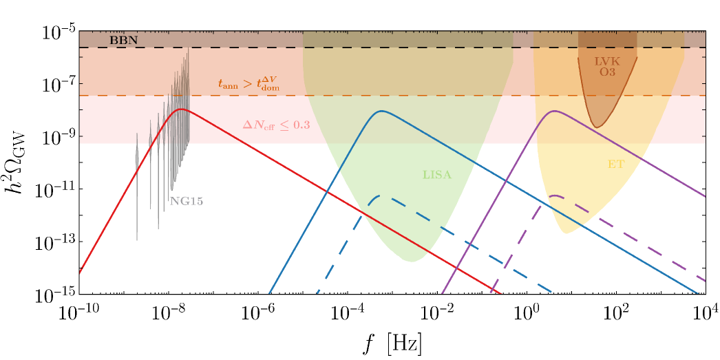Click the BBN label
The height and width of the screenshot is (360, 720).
point(123,40)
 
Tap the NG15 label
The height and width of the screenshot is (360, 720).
point(187,202)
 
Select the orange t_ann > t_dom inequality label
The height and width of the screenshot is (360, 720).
point(248,85)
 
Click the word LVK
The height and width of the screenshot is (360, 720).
point(607,61)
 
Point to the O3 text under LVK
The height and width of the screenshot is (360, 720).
point(607,72)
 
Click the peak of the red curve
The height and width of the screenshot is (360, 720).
point(180,109)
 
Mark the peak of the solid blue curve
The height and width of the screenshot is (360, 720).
point(380,111)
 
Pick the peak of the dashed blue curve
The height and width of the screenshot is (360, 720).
point(378,196)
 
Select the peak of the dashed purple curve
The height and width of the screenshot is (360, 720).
point(554,195)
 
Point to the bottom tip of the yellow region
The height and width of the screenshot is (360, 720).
point(566,233)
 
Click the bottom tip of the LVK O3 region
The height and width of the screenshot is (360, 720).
point(598,127)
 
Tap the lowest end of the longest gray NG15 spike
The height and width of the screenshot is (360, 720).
point(136,240)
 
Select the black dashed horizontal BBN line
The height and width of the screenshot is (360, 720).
point(413,47)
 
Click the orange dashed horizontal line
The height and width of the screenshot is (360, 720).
point(413,96)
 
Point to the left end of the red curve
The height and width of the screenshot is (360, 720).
point(80,273)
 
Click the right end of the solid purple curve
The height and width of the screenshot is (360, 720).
point(705,196)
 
